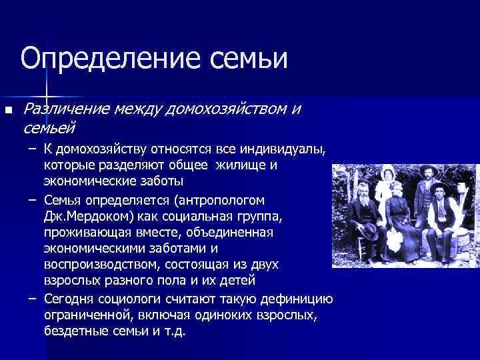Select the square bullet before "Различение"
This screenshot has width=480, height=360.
coord(8,110)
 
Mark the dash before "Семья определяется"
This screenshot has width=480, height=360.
coord(32,200)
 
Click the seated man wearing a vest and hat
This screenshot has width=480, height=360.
coord(442,213)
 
